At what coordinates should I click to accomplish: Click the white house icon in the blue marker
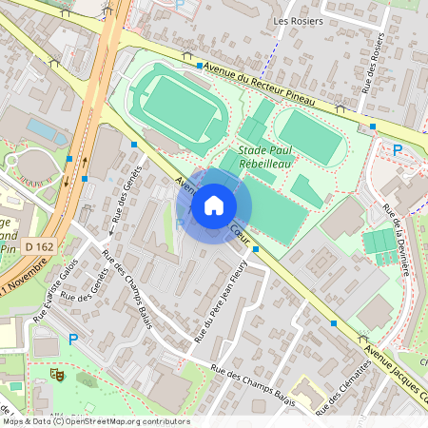point(214,205)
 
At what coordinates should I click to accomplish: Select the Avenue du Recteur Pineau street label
point(268,81)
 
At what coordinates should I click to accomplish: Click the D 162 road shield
point(39,246)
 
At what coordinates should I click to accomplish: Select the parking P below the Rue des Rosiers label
point(398,149)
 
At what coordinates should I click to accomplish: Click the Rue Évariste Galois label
point(53,294)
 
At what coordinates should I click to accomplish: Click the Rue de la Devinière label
point(394,238)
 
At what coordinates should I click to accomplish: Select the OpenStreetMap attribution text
point(95,420)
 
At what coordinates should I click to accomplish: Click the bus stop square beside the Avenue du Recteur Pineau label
point(200,66)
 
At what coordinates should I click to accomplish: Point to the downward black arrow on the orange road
point(67,180)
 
